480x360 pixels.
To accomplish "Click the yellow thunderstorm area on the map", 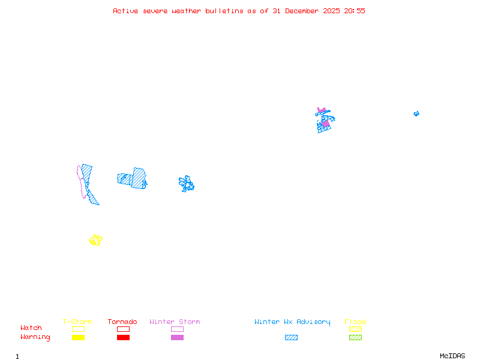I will pos(95,240).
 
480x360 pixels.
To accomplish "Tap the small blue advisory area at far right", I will pos(416,113).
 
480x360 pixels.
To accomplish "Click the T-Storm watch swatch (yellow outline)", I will pos(78,329).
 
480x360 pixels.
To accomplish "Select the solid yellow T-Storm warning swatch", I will pos(78,337).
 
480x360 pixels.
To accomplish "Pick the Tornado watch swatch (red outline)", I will pos(123,329).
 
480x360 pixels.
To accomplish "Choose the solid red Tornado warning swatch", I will pos(123,337).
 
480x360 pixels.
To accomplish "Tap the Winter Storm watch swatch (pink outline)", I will pos(177,329).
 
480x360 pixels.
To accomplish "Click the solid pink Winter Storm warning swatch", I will pos(177,337).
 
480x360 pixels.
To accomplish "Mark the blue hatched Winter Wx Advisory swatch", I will pos(291,337).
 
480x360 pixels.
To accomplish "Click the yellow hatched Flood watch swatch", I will pos(355,329).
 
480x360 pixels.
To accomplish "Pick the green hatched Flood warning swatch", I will pos(355,337).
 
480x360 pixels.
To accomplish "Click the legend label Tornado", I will pos(122,322).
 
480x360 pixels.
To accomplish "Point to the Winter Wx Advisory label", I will pos(292,322).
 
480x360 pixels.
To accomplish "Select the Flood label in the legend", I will pos(355,322).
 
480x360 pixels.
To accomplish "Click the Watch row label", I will pos(31,328).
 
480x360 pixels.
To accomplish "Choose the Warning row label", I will pos(35,337).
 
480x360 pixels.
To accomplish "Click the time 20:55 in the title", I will pos(355,11).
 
